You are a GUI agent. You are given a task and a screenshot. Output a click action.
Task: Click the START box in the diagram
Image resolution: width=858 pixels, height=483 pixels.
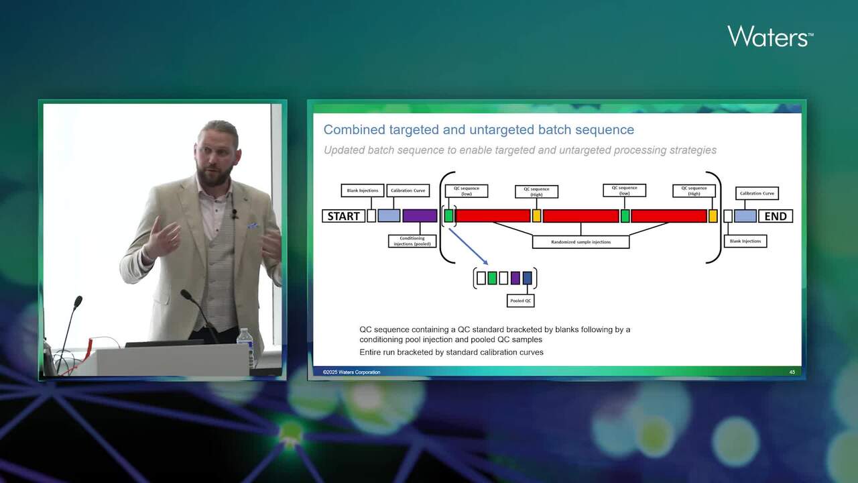[x=344, y=216]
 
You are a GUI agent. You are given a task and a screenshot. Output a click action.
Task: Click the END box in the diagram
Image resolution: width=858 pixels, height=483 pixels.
[x=776, y=216]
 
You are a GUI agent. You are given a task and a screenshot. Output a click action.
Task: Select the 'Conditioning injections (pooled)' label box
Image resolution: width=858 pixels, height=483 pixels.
[x=412, y=241]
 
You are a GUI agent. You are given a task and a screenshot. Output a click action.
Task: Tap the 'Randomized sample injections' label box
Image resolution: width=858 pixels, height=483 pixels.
[x=580, y=241]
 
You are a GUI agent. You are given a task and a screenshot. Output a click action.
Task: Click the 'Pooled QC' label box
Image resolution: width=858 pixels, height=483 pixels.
[x=521, y=301]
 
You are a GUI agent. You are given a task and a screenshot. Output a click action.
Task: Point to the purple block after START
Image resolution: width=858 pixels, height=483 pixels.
[x=420, y=216]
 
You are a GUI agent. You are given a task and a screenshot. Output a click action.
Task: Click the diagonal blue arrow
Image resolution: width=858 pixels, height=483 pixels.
[x=467, y=246]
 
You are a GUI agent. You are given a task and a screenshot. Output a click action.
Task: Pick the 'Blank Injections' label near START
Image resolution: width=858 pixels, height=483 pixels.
[x=363, y=191]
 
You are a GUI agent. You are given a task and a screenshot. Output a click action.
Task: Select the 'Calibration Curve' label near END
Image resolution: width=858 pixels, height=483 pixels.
[x=757, y=193]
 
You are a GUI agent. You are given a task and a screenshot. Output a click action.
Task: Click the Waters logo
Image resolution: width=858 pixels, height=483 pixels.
[x=770, y=36]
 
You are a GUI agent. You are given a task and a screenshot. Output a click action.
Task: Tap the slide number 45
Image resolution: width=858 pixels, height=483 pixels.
[x=792, y=372]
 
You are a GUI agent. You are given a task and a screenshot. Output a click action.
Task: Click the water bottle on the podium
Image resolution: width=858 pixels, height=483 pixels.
[x=245, y=346]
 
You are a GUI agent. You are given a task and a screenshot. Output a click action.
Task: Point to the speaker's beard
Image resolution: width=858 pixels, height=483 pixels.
[x=216, y=176]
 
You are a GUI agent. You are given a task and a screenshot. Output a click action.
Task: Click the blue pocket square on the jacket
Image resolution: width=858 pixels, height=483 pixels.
[x=253, y=225]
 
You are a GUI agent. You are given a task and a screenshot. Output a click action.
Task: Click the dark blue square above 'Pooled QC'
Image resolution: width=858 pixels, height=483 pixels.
[x=527, y=278]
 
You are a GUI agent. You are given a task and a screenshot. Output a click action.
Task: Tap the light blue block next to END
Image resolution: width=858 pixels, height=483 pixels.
[x=745, y=216]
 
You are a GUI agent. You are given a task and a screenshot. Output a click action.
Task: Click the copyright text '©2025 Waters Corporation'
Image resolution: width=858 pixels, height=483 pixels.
[x=351, y=372]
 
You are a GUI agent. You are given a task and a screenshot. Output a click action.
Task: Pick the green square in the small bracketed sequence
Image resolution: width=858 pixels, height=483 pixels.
[x=492, y=278]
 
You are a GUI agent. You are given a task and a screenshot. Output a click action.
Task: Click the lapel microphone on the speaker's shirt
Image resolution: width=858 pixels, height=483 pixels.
[x=235, y=214]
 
